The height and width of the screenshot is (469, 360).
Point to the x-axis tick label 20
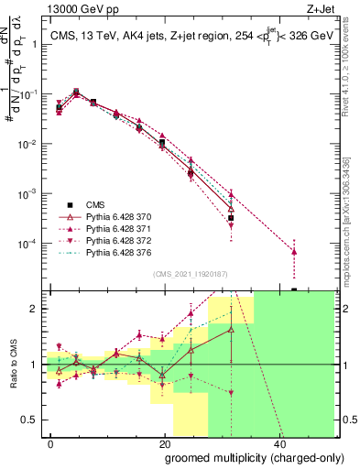click(x=164, y=442)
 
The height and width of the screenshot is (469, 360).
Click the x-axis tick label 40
click(x=278, y=442)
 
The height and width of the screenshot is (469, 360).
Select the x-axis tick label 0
click(x=51, y=442)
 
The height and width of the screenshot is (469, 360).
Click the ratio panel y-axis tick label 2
click(x=35, y=309)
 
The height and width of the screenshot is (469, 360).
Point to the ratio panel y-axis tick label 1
click(x=35, y=365)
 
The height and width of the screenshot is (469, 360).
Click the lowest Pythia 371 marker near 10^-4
click(x=294, y=251)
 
